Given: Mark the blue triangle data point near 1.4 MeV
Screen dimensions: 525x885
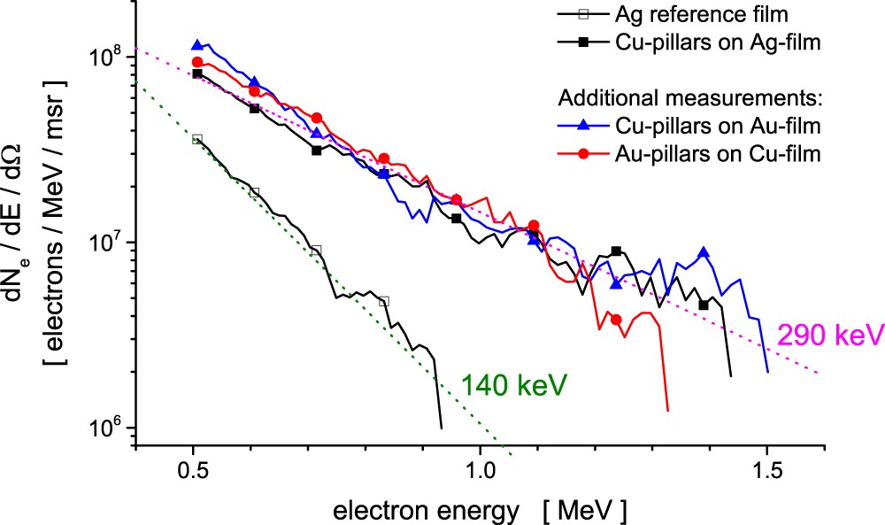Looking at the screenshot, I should pos(704,252).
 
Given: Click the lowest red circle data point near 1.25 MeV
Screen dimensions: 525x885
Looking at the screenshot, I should pos(616,320).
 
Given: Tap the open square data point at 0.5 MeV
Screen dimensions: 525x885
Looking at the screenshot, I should pos(197,139).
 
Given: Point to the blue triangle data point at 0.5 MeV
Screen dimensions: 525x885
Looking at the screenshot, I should pos(197,44).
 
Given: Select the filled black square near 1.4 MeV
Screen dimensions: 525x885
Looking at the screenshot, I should pos(704,305).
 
